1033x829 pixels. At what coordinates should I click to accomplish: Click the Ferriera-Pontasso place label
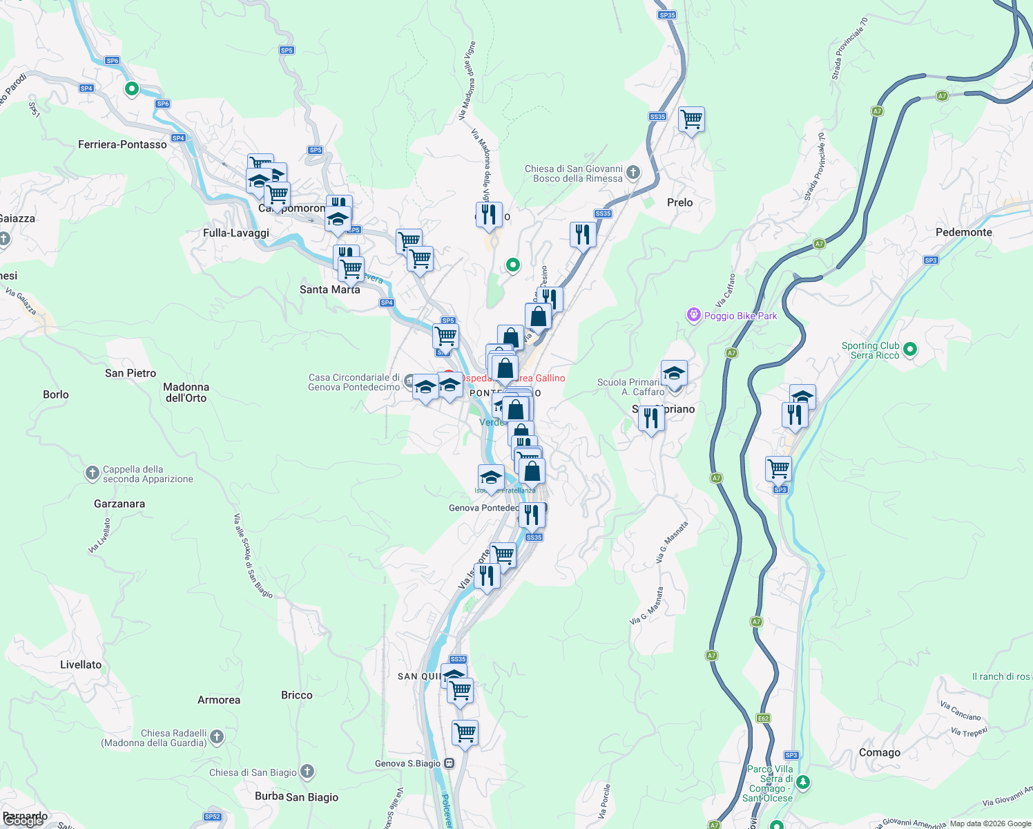point(122,144)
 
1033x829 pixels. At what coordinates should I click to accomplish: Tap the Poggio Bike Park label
point(740,316)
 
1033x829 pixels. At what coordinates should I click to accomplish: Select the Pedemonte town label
point(963,232)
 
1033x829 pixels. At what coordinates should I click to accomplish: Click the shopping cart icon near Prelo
point(691,120)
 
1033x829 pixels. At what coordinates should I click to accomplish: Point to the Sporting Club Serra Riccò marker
point(909,350)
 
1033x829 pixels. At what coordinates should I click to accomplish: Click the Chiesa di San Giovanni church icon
point(633,173)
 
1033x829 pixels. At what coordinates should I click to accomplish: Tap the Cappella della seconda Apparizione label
point(147,474)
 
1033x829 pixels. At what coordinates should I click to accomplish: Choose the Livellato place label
point(81,665)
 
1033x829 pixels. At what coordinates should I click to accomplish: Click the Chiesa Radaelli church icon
point(217,737)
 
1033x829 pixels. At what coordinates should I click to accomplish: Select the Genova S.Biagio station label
point(407,763)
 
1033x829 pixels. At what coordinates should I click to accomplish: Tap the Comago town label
point(879,752)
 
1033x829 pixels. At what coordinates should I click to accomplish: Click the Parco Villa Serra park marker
point(802,783)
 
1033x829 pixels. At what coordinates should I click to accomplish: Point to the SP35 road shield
point(666,15)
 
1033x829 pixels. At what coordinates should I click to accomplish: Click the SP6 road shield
point(113,61)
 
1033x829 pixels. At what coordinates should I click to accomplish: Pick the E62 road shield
point(762,718)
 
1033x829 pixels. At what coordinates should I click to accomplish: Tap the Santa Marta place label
point(329,289)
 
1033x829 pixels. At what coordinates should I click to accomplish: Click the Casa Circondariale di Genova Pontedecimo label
point(354,382)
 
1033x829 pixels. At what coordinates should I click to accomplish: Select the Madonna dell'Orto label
point(186,392)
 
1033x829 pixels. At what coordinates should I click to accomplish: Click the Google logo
point(24,820)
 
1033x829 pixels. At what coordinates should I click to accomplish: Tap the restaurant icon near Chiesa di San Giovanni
point(583,235)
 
